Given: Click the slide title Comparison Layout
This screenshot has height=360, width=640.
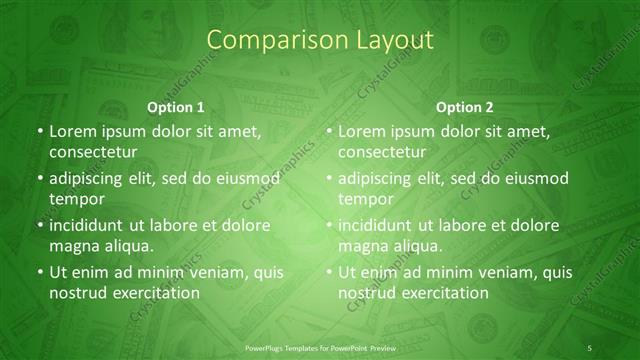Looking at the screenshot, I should [x=320, y=41].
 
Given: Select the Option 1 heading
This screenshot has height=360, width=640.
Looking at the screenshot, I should [x=176, y=107].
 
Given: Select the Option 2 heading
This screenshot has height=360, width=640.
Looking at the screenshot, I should [x=465, y=107].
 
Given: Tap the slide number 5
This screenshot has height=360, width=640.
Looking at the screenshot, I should [x=590, y=347].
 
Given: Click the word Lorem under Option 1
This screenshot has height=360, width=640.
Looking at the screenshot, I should [x=71, y=131].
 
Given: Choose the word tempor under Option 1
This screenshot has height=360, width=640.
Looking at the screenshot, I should [x=72, y=199].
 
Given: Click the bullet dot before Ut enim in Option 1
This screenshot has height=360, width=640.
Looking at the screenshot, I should [x=39, y=272].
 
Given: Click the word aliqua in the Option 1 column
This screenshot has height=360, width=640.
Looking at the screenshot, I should [x=126, y=246].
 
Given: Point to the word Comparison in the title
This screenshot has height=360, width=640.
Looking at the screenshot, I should [x=268, y=41].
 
